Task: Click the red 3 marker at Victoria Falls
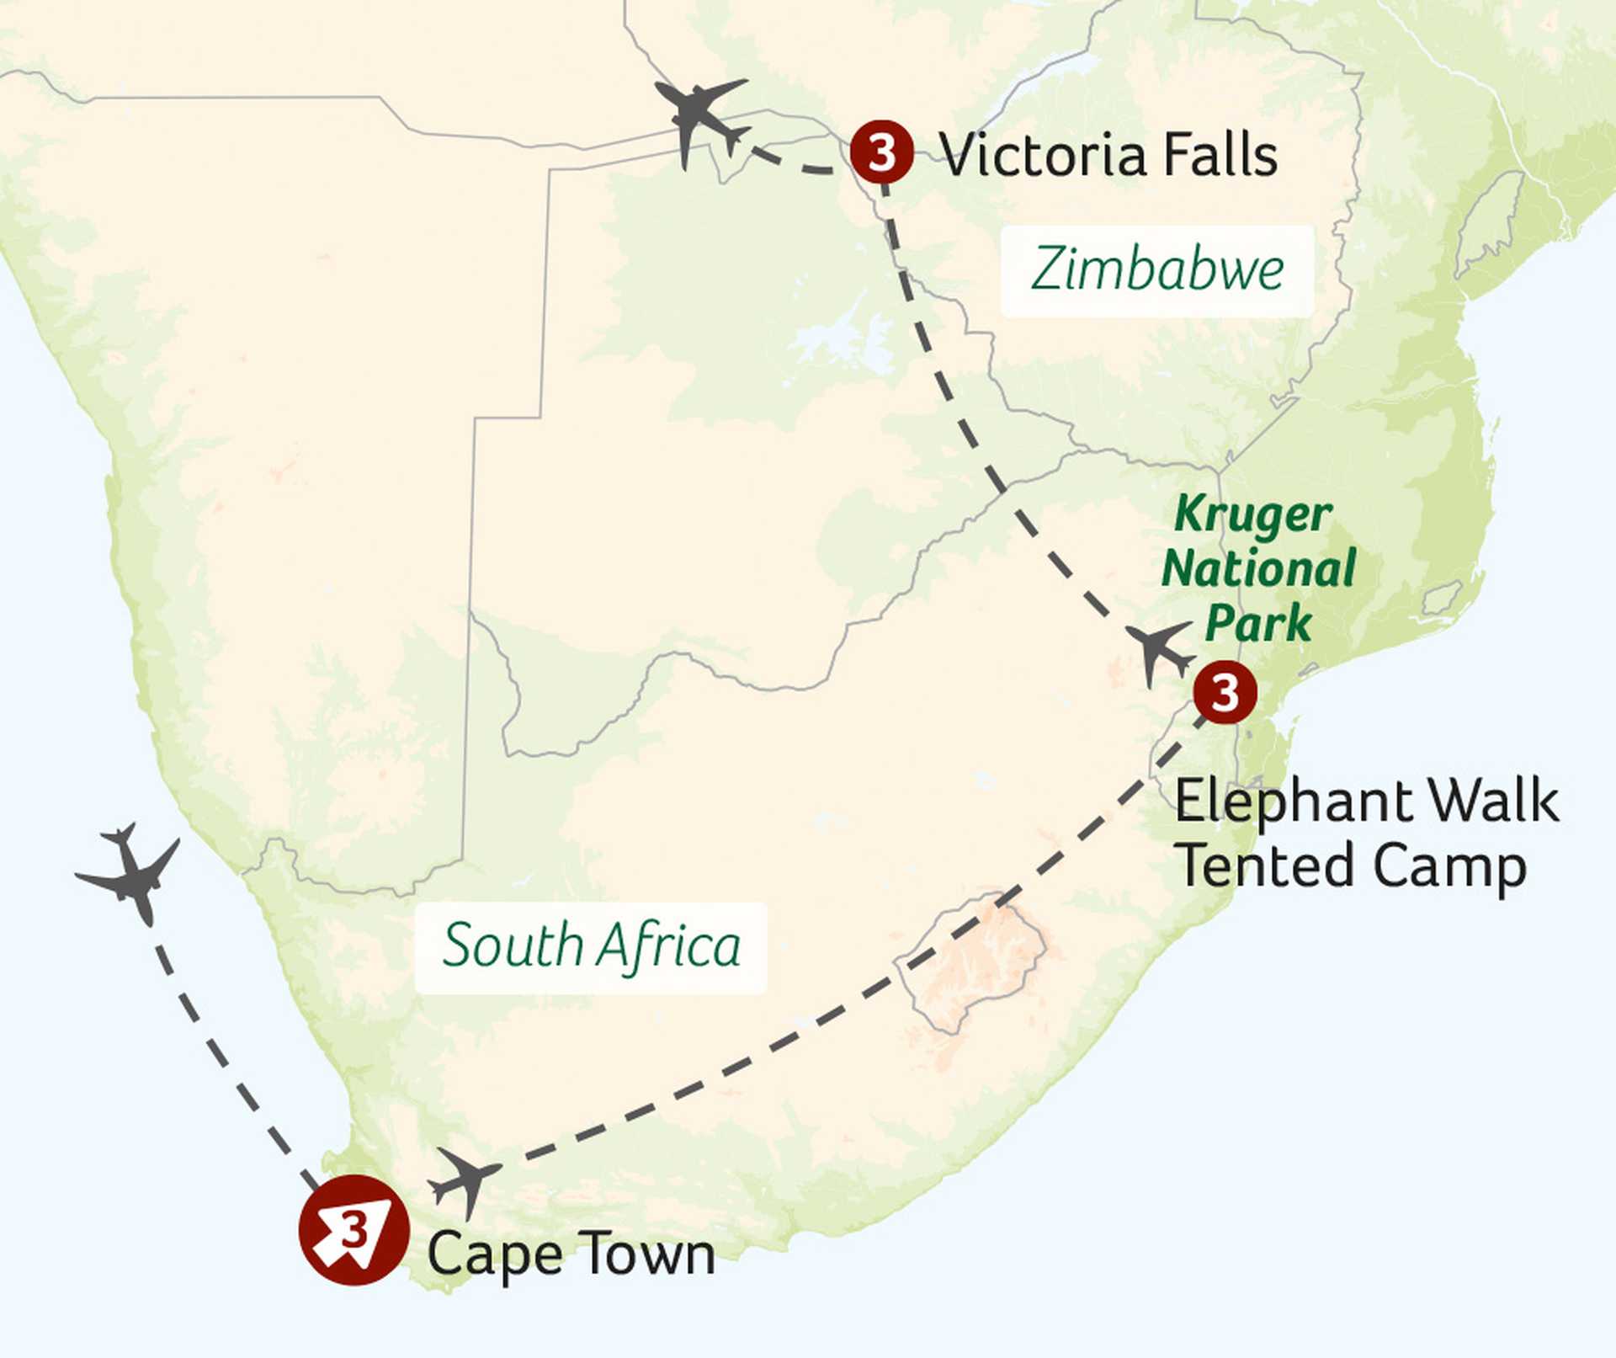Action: (881, 152)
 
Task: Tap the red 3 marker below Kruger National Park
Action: (1225, 692)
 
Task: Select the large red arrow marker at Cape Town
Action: (353, 1230)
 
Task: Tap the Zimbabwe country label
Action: (1157, 270)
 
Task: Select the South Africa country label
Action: (591, 946)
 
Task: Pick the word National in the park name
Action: (1258, 569)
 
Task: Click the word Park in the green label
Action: (1258, 624)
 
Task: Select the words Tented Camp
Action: (1351, 867)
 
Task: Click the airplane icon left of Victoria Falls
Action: (699, 118)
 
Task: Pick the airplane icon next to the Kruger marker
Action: (1159, 651)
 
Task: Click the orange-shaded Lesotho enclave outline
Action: (972, 960)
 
